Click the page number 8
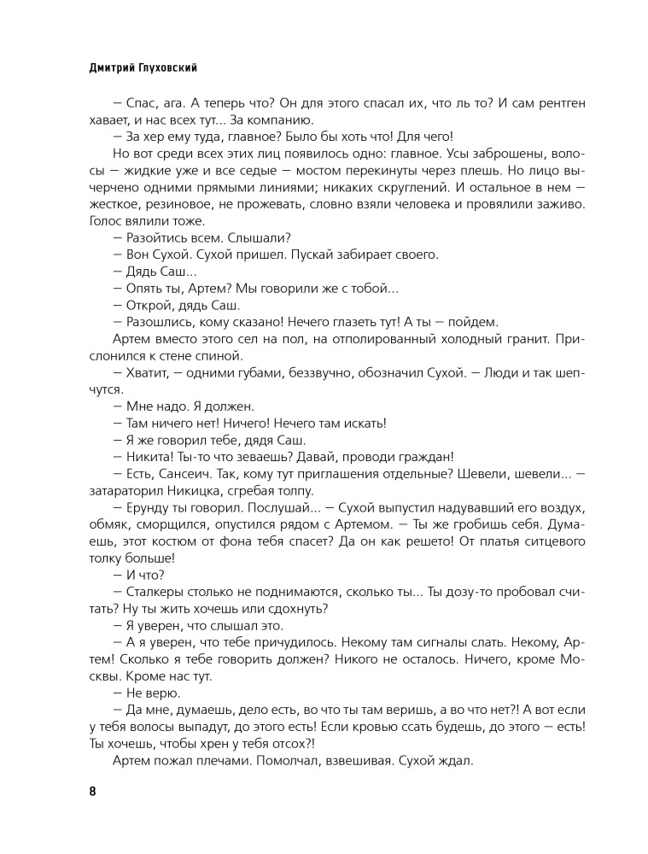[92, 790]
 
